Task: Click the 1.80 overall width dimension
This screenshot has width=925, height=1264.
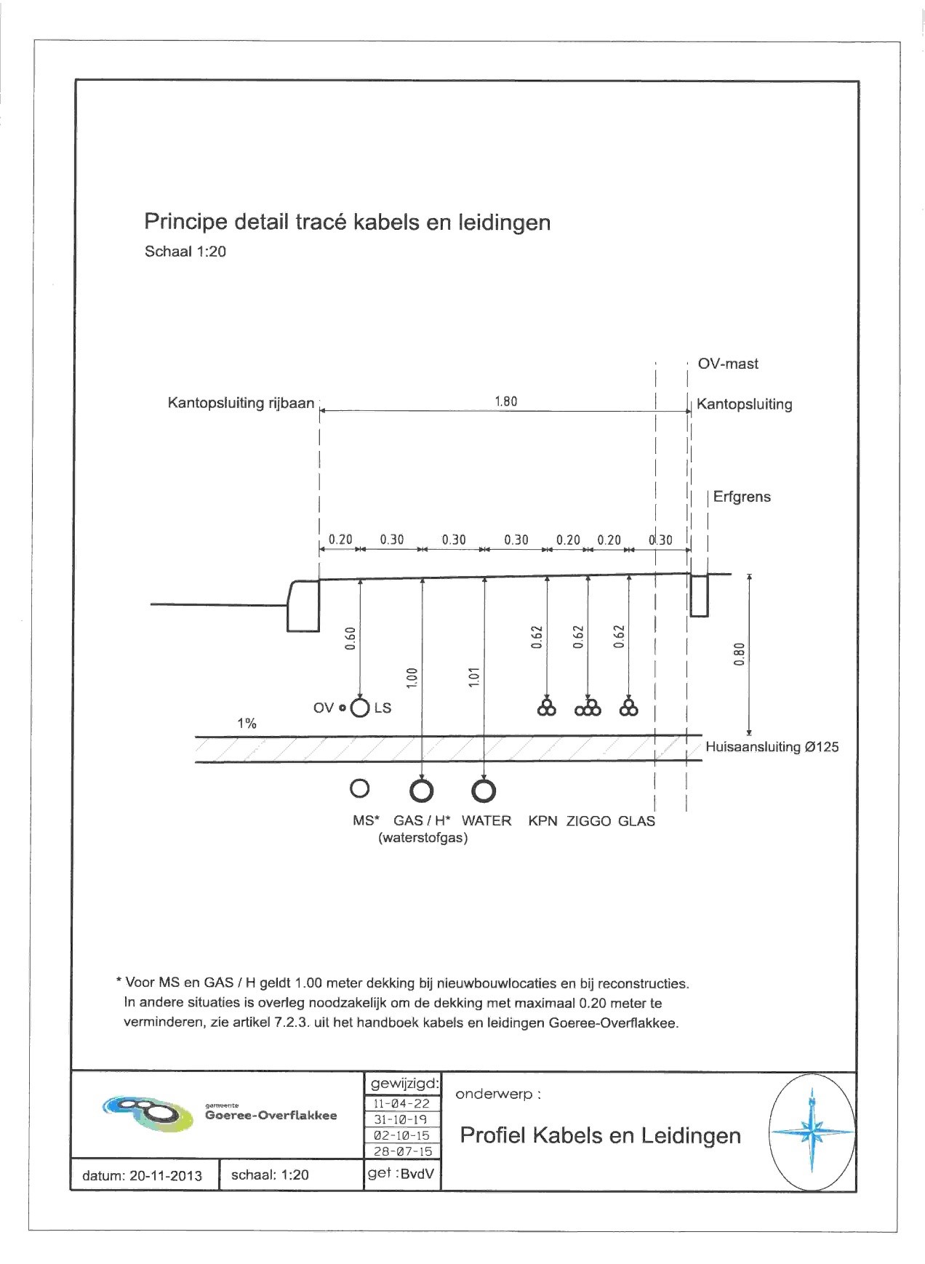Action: pos(505,401)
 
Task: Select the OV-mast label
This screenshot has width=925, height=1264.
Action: pos(728,364)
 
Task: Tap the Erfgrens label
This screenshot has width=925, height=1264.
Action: pos(742,497)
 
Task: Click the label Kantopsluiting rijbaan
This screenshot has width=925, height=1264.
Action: pos(241,403)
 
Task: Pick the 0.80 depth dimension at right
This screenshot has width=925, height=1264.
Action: pos(740,654)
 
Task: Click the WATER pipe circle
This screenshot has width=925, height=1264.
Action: pos(484,791)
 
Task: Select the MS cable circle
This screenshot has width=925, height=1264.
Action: pos(359,788)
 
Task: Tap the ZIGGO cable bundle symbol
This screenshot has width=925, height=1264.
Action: pos(588,708)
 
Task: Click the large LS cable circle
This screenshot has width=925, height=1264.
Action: pos(360,708)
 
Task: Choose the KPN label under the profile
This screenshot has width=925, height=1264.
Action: pos(542,821)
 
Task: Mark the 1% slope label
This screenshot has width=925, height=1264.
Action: pos(247,724)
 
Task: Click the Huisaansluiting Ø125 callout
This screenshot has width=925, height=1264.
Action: pos(772,747)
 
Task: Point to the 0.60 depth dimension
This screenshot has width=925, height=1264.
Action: pos(351,638)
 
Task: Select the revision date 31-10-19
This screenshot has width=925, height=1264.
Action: pos(401,1119)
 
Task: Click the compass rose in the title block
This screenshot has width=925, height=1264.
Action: pos(812,1131)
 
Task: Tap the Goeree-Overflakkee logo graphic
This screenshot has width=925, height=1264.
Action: pos(149,1113)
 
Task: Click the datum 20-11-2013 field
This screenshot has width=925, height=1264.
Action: pos(143,1175)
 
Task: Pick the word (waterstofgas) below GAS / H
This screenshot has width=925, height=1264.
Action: pos(423,838)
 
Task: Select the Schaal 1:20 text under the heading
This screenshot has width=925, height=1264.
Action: pos(185,252)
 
